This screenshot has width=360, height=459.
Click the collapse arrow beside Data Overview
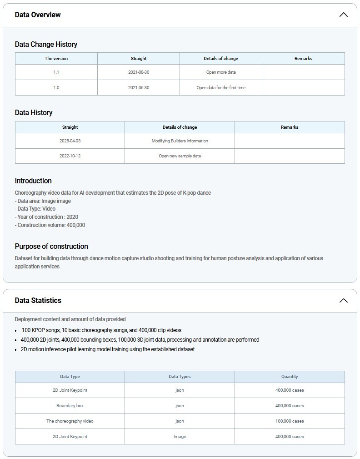pyautogui.click(x=344, y=15)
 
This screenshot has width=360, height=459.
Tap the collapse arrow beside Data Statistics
pyautogui.click(x=344, y=300)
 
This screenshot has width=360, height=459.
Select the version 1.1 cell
pyautogui.click(x=56, y=72)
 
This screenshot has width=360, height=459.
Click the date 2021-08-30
pyautogui.click(x=139, y=72)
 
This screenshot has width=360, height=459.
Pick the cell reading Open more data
pyautogui.click(x=221, y=72)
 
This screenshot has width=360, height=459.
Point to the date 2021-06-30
pyautogui.click(x=139, y=88)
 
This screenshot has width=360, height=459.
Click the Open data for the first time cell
pyautogui.click(x=221, y=88)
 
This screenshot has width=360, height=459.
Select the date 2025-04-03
pyautogui.click(x=70, y=141)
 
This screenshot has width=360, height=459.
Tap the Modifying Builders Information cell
pyautogui.click(x=180, y=141)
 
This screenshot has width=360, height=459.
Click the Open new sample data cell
pyautogui.click(x=180, y=156)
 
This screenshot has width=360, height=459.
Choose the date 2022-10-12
pyautogui.click(x=70, y=156)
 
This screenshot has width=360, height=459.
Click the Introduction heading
pyautogui.click(x=33, y=181)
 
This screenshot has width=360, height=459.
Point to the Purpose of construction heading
pyautogui.click(x=51, y=246)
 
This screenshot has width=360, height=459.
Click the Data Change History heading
pyautogui.click(x=46, y=44)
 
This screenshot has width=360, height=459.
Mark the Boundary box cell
pyautogui.click(x=70, y=406)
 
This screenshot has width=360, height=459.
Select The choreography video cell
pyautogui.click(x=70, y=421)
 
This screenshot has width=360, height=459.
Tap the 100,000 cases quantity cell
pyautogui.click(x=290, y=421)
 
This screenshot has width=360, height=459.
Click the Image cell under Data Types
pyautogui.click(x=180, y=437)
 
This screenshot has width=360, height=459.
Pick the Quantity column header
pyautogui.click(x=290, y=377)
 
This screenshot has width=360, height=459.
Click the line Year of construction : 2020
pyautogui.click(x=46, y=217)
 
